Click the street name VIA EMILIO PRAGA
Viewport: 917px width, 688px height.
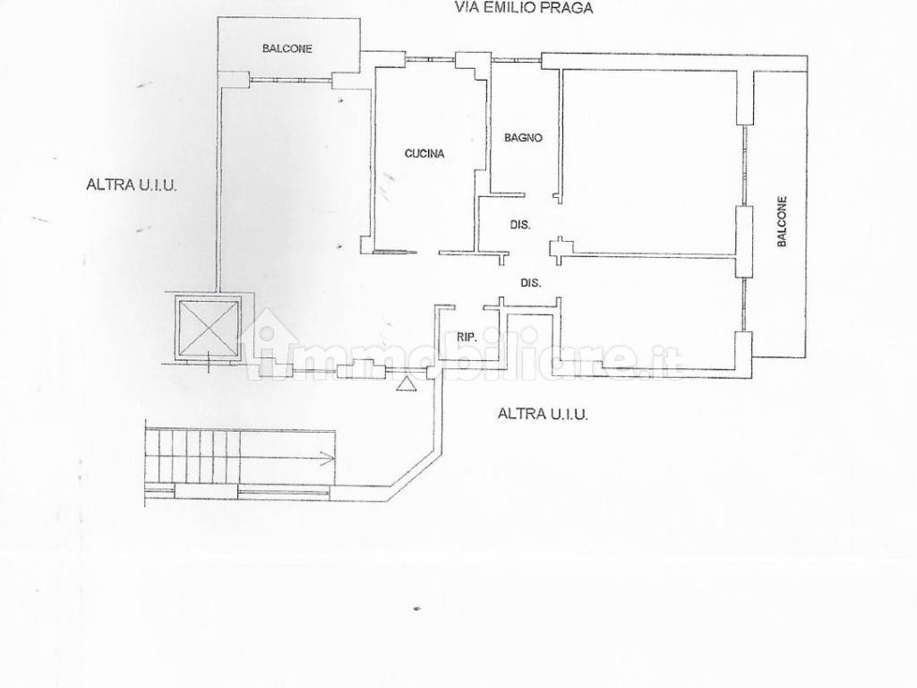coord(524,7)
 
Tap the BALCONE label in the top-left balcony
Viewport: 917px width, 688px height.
coord(287,48)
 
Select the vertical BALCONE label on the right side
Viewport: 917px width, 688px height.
coord(782,221)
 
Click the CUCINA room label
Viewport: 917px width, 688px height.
coord(424,153)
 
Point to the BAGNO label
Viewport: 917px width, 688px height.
coord(523,138)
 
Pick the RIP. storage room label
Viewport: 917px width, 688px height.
coord(467,337)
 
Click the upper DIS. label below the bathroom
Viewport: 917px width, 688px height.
coord(520,224)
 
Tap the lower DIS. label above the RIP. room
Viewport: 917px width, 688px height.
coord(530,282)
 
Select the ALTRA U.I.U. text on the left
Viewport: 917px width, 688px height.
coord(132,185)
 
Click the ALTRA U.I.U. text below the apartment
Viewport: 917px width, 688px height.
coord(543,414)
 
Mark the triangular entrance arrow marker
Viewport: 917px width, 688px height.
coord(407,383)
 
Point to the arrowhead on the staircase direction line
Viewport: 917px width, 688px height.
coord(331,458)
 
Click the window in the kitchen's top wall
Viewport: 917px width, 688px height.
coord(431,58)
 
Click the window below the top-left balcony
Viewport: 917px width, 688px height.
coord(291,80)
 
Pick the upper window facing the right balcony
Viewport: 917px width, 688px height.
coord(745,166)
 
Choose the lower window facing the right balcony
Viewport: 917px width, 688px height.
coord(744,305)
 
